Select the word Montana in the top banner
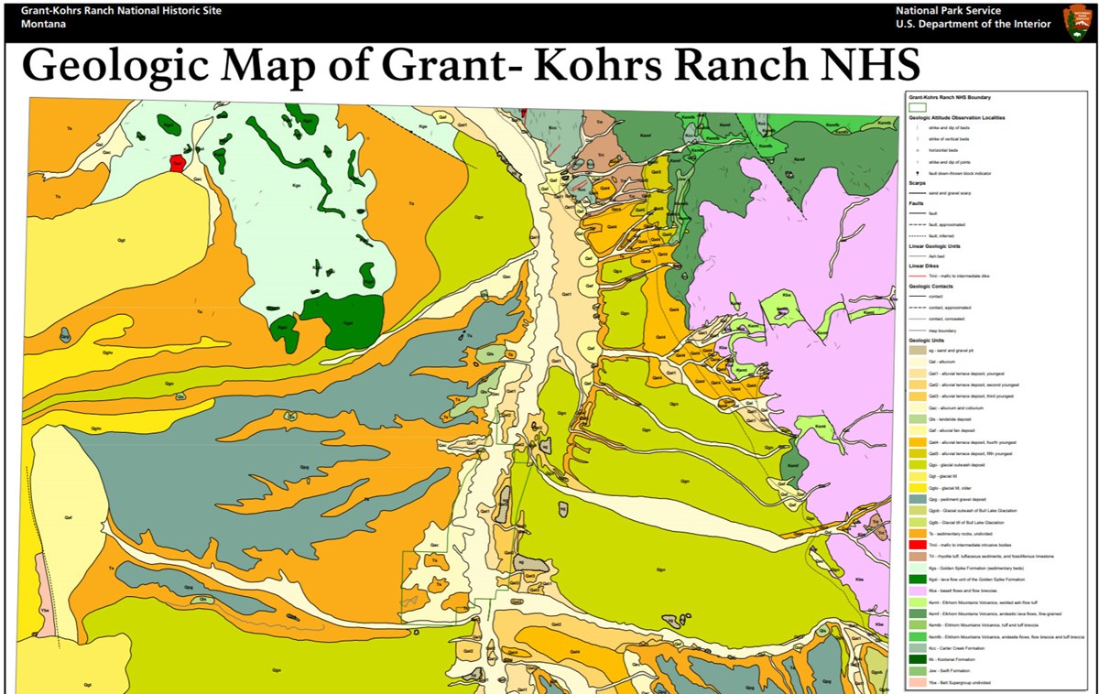click(x=39, y=25)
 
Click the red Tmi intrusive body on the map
click(x=177, y=163)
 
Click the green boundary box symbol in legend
click(x=917, y=107)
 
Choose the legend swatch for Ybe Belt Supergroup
click(x=917, y=683)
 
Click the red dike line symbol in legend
click(x=917, y=276)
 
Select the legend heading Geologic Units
click(x=926, y=341)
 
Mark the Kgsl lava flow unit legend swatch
click(x=917, y=580)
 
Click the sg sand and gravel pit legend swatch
click(x=917, y=351)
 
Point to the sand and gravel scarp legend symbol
click(x=917, y=193)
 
